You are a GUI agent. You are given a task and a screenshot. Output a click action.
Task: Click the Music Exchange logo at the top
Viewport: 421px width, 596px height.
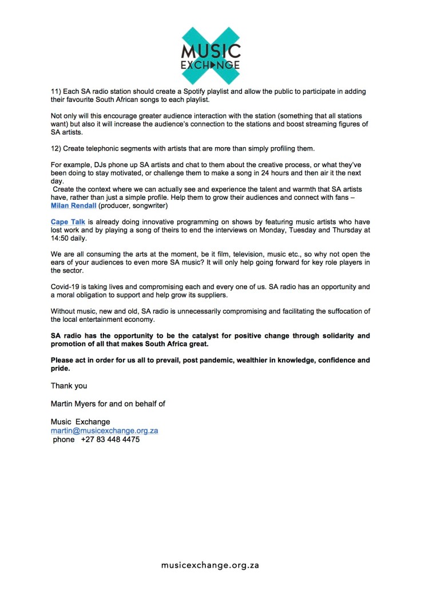pos(210,55)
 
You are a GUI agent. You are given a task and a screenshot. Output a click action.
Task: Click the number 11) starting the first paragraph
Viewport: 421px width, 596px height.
pos(57,91)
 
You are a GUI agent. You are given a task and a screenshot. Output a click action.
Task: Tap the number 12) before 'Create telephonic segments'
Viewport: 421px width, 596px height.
pos(57,148)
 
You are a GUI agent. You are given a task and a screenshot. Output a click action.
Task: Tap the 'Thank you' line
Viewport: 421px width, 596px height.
pos(69,386)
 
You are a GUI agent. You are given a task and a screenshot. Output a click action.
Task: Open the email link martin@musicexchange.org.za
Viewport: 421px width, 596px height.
pos(104,431)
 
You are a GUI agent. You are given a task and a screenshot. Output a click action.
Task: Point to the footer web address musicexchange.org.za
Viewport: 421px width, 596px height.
pos(210,565)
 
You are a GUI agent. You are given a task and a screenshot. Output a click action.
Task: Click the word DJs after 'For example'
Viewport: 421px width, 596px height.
pos(98,164)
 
